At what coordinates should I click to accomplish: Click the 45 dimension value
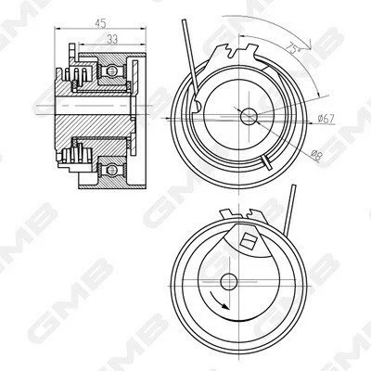click(x=101, y=23)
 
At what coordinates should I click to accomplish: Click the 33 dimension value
click(x=112, y=39)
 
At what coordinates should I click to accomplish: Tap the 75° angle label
click(x=292, y=47)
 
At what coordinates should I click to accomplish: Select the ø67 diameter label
click(x=326, y=119)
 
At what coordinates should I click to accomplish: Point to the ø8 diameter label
click(x=317, y=154)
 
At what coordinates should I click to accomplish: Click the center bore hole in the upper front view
click(x=249, y=116)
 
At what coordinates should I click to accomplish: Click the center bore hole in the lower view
click(x=229, y=281)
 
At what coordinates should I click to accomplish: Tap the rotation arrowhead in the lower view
click(x=225, y=306)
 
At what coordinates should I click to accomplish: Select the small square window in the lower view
click(x=248, y=240)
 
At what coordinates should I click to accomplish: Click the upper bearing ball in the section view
click(x=111, y=71)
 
